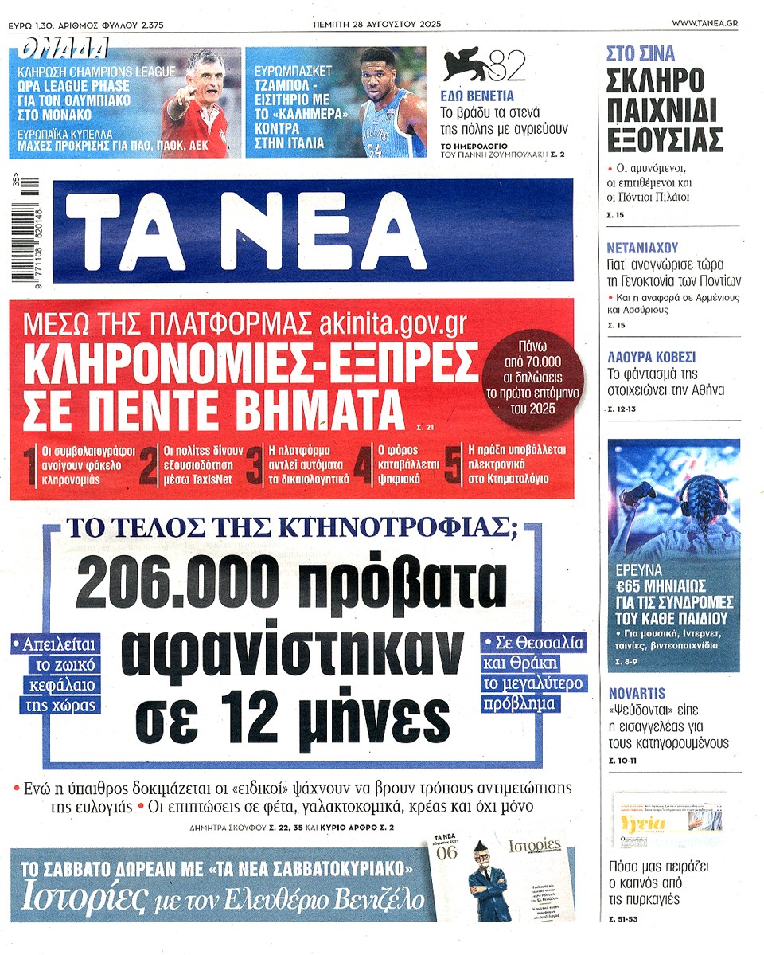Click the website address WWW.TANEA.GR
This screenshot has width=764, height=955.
704,24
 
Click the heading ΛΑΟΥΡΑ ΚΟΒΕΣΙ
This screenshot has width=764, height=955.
651,356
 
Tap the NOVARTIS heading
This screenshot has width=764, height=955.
637,693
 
